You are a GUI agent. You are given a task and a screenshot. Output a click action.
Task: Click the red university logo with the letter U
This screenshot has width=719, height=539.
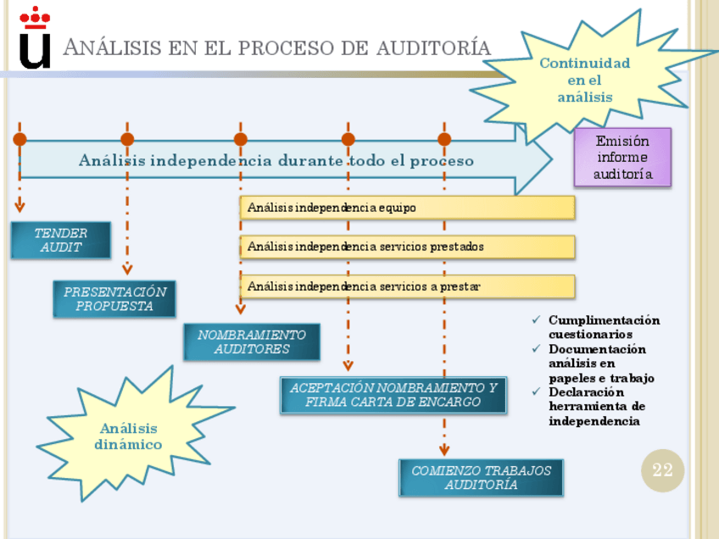pos(35,38)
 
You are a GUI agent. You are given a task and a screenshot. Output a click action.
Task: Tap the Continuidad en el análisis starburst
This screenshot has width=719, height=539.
pos(585,80)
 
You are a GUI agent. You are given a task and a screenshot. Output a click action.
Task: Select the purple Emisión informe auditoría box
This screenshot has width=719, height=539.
pos(622,157)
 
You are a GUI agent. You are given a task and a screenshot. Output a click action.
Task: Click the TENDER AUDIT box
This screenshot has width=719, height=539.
pos(61,240)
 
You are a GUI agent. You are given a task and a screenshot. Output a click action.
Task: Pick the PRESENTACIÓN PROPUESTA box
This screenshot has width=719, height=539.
pos(114,298)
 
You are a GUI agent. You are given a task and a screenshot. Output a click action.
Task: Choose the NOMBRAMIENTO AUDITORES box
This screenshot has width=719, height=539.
pos(252,342)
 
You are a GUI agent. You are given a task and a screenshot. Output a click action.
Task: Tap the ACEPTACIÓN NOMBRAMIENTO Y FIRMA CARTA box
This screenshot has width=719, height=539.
pos(393,395)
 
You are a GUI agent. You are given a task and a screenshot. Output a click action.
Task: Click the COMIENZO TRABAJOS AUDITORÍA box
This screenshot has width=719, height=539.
pos(481,478)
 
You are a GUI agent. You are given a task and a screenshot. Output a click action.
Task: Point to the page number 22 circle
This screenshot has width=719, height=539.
pos(662,470)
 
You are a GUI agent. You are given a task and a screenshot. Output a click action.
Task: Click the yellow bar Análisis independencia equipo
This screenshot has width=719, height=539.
pos(407,208)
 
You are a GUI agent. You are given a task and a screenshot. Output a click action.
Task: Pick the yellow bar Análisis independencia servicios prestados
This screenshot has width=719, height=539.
pos(407,247)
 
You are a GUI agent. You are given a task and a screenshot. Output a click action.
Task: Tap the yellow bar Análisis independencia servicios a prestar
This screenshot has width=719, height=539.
pos(407,286)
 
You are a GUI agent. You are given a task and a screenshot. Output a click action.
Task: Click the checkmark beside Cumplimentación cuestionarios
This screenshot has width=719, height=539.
pos(535,320)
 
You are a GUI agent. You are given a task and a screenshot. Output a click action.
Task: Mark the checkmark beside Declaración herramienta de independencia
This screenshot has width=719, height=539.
pos(535,392)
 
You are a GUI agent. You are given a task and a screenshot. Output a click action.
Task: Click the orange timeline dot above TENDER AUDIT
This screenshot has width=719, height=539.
pos(20,139)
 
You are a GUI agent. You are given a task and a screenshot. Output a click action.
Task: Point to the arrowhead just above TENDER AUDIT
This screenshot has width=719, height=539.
pos(20,207)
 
